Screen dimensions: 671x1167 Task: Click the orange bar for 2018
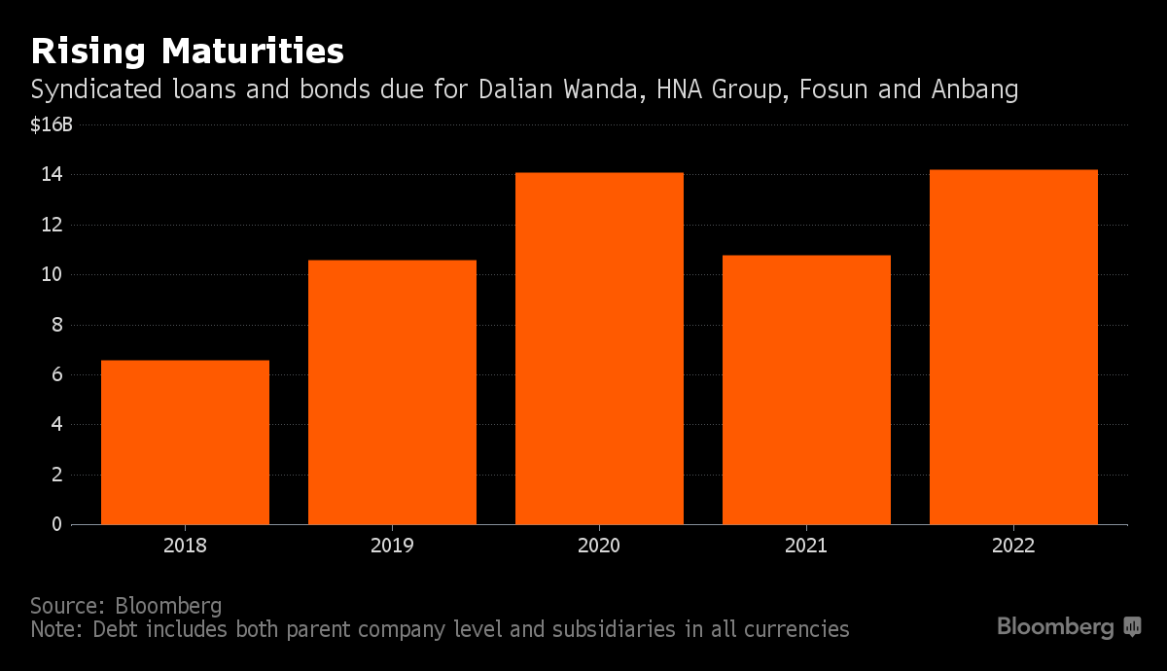185,442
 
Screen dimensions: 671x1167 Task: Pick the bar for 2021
806,389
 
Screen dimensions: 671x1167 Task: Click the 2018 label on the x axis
185,546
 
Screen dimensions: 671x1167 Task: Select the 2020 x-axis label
599,546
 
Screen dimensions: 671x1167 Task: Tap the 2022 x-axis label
1013,546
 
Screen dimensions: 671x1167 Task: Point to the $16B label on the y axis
52,125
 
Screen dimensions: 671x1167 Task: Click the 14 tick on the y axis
52,175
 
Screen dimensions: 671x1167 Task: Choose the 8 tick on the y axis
57,325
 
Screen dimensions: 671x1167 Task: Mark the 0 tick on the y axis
57,524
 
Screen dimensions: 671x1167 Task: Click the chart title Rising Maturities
187,50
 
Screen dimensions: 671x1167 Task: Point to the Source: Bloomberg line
125,605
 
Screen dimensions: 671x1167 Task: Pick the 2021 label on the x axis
806,546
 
